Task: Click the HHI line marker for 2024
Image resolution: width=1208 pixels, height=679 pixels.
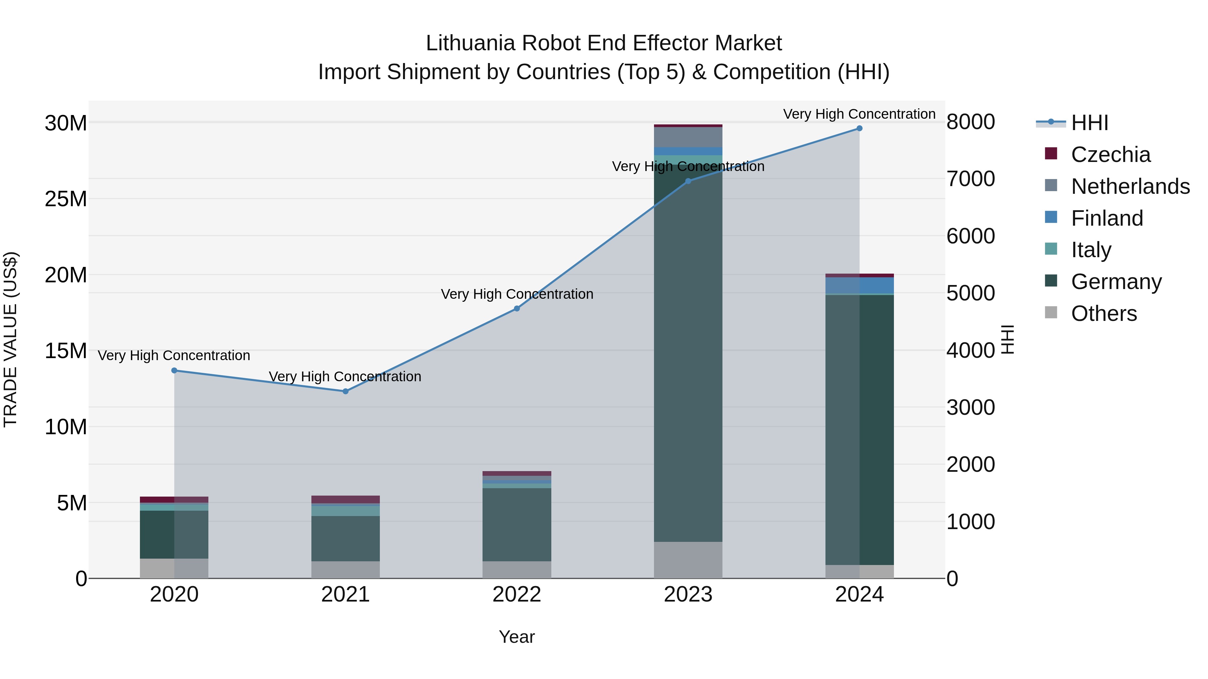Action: pyautogui.click(x=859, y=128)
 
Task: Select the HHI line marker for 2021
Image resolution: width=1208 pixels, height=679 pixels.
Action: pyautogui.click(x=346, y=391)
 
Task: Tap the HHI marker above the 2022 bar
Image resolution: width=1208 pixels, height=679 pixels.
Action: pyautogui.click(x=517, y=308)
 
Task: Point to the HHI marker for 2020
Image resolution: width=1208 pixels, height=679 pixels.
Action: pyautogui.click(x=174, y=370)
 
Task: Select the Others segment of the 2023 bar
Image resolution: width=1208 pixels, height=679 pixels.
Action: pyautogui.click(x=688, y=560)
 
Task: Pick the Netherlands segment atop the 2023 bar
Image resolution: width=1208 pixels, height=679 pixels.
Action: pyautogui.click(x=688, y=137)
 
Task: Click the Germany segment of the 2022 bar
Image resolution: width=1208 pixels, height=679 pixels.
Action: pyautogui.click(x=517, y=525)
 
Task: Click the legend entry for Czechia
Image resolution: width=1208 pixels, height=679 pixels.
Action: pyautogui.click(x=1110, y=155)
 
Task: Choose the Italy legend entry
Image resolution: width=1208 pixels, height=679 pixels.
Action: pyautogui.click(x=1091, y=250)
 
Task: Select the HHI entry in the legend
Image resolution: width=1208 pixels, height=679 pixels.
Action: pyautogui.click(x=1089, y=123)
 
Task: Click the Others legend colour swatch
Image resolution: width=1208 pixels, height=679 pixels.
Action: pyautogui.click(x=1051, y=313)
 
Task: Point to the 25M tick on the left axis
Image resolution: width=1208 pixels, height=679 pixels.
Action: pyautogui.click(x=66, y=199)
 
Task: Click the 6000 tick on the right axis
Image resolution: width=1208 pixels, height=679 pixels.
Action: pyautogui.click(x=970, y=236)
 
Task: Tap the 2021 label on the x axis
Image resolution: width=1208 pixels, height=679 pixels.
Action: pyautogui.click(x=346, y=595)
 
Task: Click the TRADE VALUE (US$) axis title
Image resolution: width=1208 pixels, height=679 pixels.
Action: pyautogui.click(x=11, y=339)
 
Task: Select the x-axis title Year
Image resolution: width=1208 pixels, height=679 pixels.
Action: pyautogui.click(x=516, y=637)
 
